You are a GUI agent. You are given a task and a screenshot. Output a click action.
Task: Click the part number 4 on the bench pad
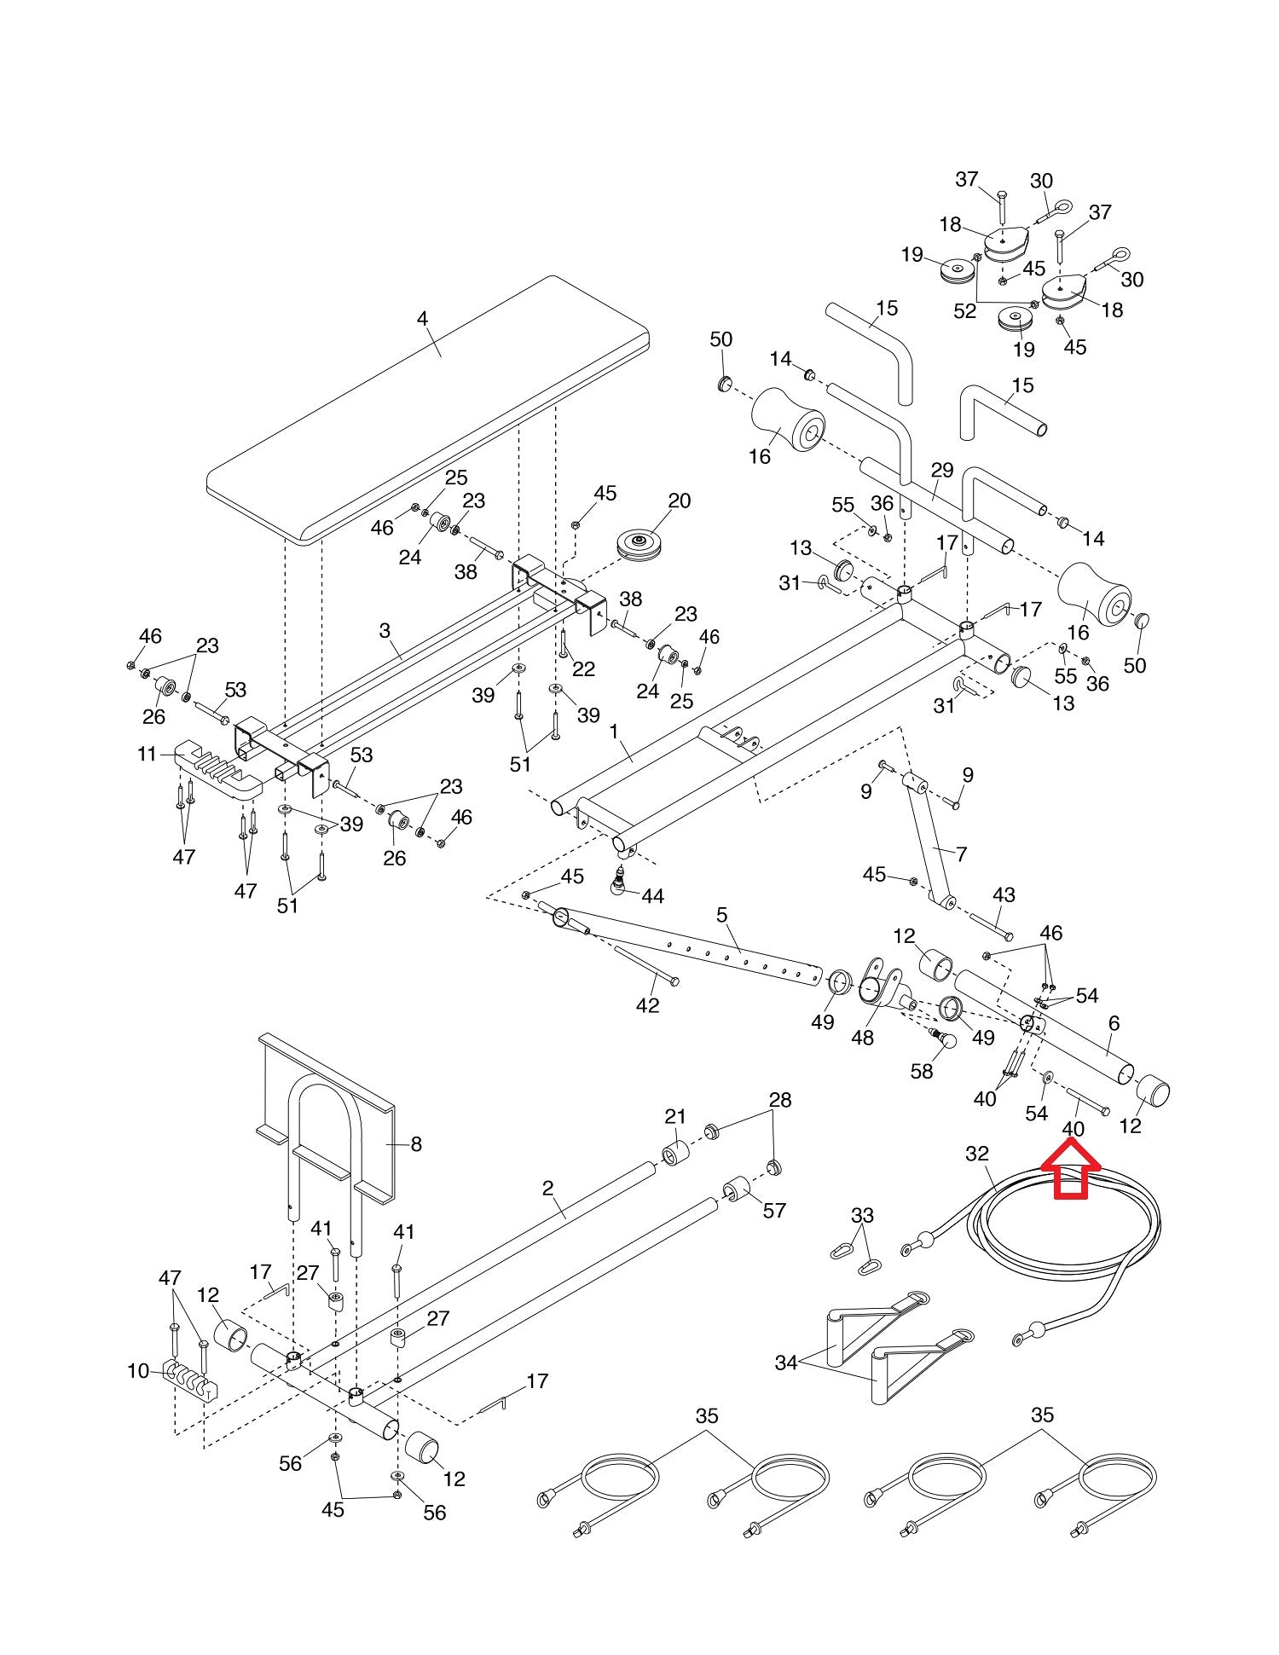pyautogui.click(x=422, y=318)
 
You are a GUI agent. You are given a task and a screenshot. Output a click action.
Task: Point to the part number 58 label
pyautogui.click(x=922, y=1071)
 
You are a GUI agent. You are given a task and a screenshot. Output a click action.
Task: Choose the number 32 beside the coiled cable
pyautogui.click(x=977, y=1154)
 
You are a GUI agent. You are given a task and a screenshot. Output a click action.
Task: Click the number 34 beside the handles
pyautogui.click(x=786, y=1363)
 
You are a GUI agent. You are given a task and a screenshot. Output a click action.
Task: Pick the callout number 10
pyautogui.click(x=138, y=1371)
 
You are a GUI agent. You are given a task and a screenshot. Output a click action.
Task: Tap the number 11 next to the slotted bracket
pyautogui.click(x=148, y=754)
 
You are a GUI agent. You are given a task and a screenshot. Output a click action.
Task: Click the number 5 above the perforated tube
pyautogui.click(x=722, y=915)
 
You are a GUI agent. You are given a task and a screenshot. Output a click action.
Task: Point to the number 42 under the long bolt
pyautogui.click(x=648, y=1005)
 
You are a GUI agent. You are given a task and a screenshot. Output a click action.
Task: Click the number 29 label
pyautogui.click(x=941, y=470)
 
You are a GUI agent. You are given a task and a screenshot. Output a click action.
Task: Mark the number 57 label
pyautogui.click(x=774, y=1210)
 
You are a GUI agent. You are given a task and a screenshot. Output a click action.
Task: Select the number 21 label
pyautogui.click(x=675, y=1116)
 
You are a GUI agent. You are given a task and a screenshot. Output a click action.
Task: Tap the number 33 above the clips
pyautogui.click(x=863, y=1214)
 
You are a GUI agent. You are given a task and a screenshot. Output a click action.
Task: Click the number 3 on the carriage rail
pyautogui.click(x=385, y=630)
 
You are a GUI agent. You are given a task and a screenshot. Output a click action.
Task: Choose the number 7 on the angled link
pyautogui.click(x=962, y=854)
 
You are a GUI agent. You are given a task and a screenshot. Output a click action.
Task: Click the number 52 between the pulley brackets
pyautogui.click(x=965, y=311)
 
